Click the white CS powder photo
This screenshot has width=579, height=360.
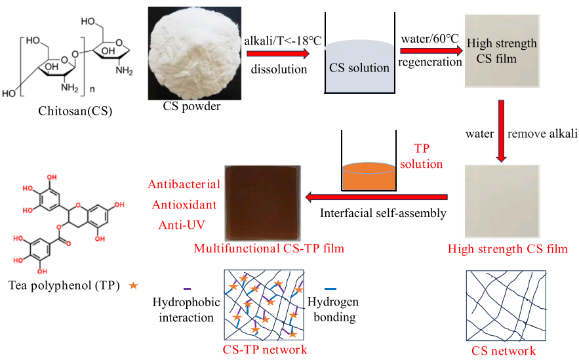click(195, 53)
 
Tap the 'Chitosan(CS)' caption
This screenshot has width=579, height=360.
click(75, 111)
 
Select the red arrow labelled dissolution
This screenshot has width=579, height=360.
click(278, 54)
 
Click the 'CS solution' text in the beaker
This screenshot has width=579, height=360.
click(359, 68)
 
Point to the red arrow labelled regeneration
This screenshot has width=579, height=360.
click(431, 50)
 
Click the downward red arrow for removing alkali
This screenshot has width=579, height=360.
click(501, 130)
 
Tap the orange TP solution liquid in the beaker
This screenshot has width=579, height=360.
click(369, 176)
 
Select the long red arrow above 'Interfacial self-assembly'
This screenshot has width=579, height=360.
click(376, 197)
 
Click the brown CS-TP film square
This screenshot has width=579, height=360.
click(263, 203)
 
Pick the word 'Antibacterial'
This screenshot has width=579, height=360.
click(184, 184)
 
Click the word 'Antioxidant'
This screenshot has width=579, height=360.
click(184, 205)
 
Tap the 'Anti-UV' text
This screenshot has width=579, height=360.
click(182, 224)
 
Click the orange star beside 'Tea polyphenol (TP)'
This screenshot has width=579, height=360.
click(133, 285)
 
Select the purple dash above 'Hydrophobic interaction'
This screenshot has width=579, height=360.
click(188, 289)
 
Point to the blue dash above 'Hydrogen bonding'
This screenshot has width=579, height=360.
click(330, 289)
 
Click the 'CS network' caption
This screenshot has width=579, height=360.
click(504, 350)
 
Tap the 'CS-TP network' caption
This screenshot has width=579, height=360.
click(265, 350)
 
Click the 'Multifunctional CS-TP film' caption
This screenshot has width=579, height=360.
click(269, 249)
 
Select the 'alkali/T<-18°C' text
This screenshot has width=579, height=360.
click(283, 41)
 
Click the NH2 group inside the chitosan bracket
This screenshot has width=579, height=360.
click(70, 88)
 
